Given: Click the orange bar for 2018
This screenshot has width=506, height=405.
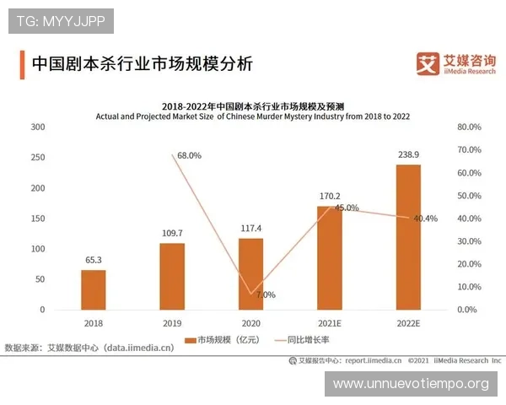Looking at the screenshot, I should (x=94, y=289).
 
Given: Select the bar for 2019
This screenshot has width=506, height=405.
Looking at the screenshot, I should (x=172, y=276).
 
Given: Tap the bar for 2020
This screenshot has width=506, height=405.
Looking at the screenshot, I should (x=250, y=273).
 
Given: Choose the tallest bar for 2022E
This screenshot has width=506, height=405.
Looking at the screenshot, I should (x=408, y=237).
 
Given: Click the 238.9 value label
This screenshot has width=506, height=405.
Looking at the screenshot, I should (x=408, y=155).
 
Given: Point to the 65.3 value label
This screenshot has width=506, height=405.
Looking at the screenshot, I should (x=94, y=261).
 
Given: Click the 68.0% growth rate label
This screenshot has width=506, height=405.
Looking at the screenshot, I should (x=190, y=155).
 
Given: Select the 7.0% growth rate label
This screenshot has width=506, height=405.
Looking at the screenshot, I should (x=266, y=295).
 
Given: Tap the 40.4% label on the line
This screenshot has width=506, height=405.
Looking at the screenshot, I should (x=425, y=219).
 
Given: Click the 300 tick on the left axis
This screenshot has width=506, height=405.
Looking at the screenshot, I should (x=37, y=127).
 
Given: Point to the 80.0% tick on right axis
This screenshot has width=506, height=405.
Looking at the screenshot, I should (x=469, y=127).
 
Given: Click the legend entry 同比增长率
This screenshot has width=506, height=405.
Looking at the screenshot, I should (x=299, y=341).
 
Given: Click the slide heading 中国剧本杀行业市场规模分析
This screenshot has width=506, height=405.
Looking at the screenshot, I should (x=141, y=64).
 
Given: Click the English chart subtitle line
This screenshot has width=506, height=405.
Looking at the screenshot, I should (x=253, y=116).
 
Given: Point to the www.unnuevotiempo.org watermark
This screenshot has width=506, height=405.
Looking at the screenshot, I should (x=411, y=384).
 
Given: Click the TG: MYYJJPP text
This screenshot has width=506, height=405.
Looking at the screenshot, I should (x=60, y=20).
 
